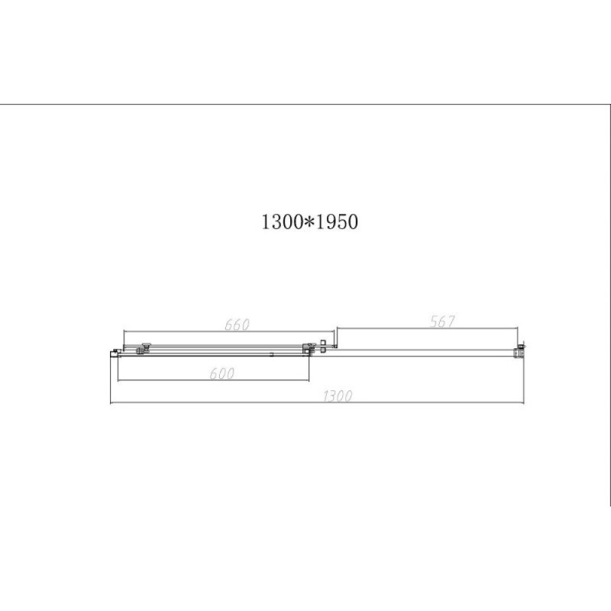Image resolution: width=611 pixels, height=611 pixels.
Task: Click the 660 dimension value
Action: (x=237, y=325)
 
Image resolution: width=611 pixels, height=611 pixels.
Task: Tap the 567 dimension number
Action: (x=442, y=322)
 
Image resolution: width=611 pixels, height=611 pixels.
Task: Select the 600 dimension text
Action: (x=221, y=373)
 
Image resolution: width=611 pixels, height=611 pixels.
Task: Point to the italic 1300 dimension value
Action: (x=338, y=396)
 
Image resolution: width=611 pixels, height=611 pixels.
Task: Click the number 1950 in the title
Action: (x=336, y=222)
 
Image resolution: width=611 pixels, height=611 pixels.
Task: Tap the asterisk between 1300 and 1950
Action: (x=309, y=222)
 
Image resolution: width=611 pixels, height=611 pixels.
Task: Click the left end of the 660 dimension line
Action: (x=124, y=331)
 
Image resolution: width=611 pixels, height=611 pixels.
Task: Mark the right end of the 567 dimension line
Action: (x=518, y=328)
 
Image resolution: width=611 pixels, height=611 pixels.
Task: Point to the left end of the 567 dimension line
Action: (x=337, y=328)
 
